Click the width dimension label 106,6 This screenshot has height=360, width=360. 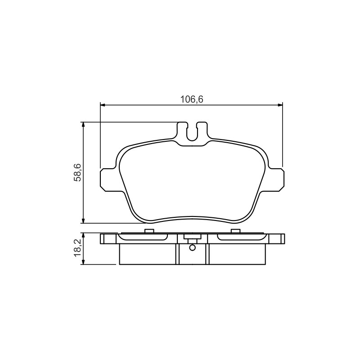192,99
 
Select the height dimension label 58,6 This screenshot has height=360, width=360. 77,172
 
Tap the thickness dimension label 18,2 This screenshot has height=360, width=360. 77,248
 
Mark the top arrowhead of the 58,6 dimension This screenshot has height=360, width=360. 84,125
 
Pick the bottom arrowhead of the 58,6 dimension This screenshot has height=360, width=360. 84,220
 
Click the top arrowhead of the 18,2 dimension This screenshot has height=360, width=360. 84,235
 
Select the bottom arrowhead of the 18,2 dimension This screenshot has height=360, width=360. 84,262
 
